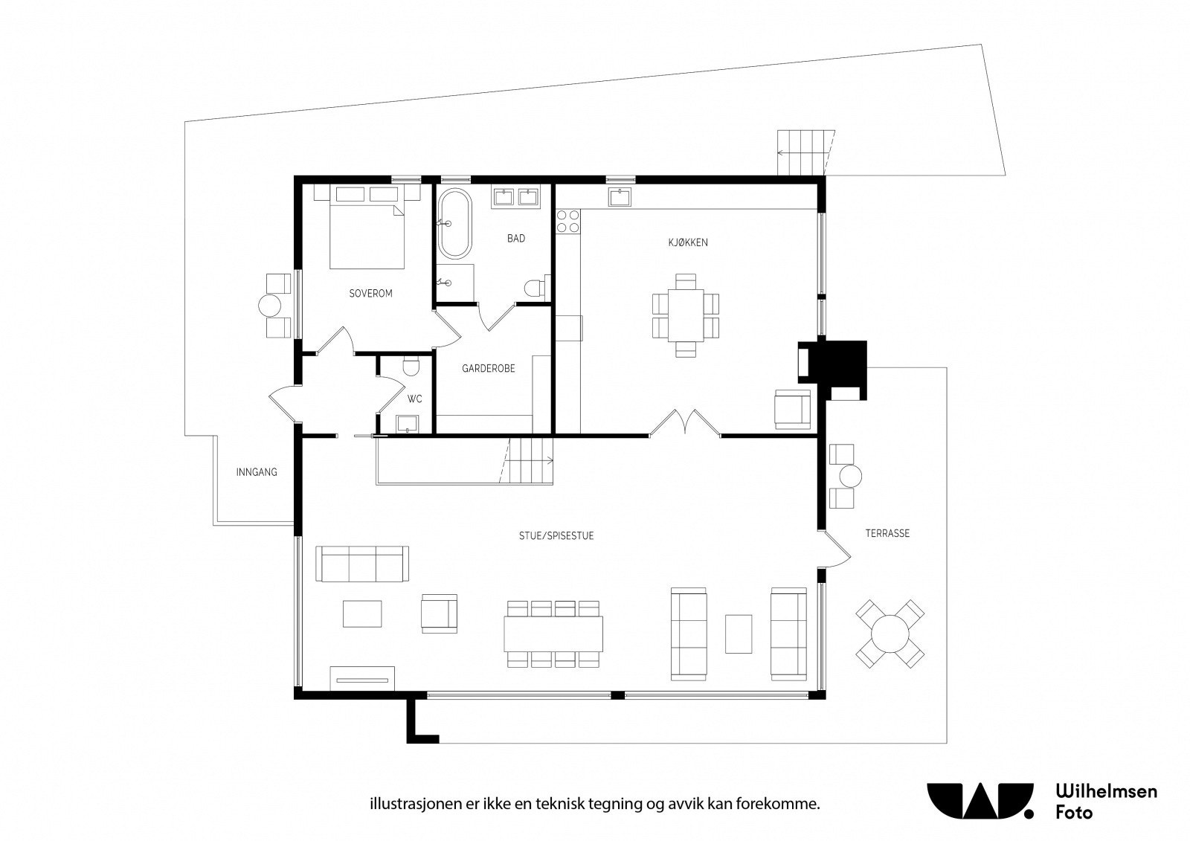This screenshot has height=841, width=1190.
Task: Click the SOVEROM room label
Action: tap(370, 293)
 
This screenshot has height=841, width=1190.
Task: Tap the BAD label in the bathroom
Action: tap(516, 239)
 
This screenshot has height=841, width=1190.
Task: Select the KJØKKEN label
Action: tap(688, 242)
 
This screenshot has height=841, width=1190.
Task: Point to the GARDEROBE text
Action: tap(488, 368)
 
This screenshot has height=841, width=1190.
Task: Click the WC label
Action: tap(415, 399)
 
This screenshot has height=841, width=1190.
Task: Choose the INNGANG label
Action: tap(257, 471)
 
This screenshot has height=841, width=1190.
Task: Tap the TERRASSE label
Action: tap(888, 533)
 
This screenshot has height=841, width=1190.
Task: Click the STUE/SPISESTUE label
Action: tap(556, 536)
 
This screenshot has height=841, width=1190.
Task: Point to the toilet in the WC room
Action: tap(411, 366)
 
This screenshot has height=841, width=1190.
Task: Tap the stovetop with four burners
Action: tap(568, 222)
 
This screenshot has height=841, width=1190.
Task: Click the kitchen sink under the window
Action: tap(620, 197)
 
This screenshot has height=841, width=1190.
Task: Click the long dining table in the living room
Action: tap(553, 634)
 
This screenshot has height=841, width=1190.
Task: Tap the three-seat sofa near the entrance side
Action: tap(362, 564)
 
